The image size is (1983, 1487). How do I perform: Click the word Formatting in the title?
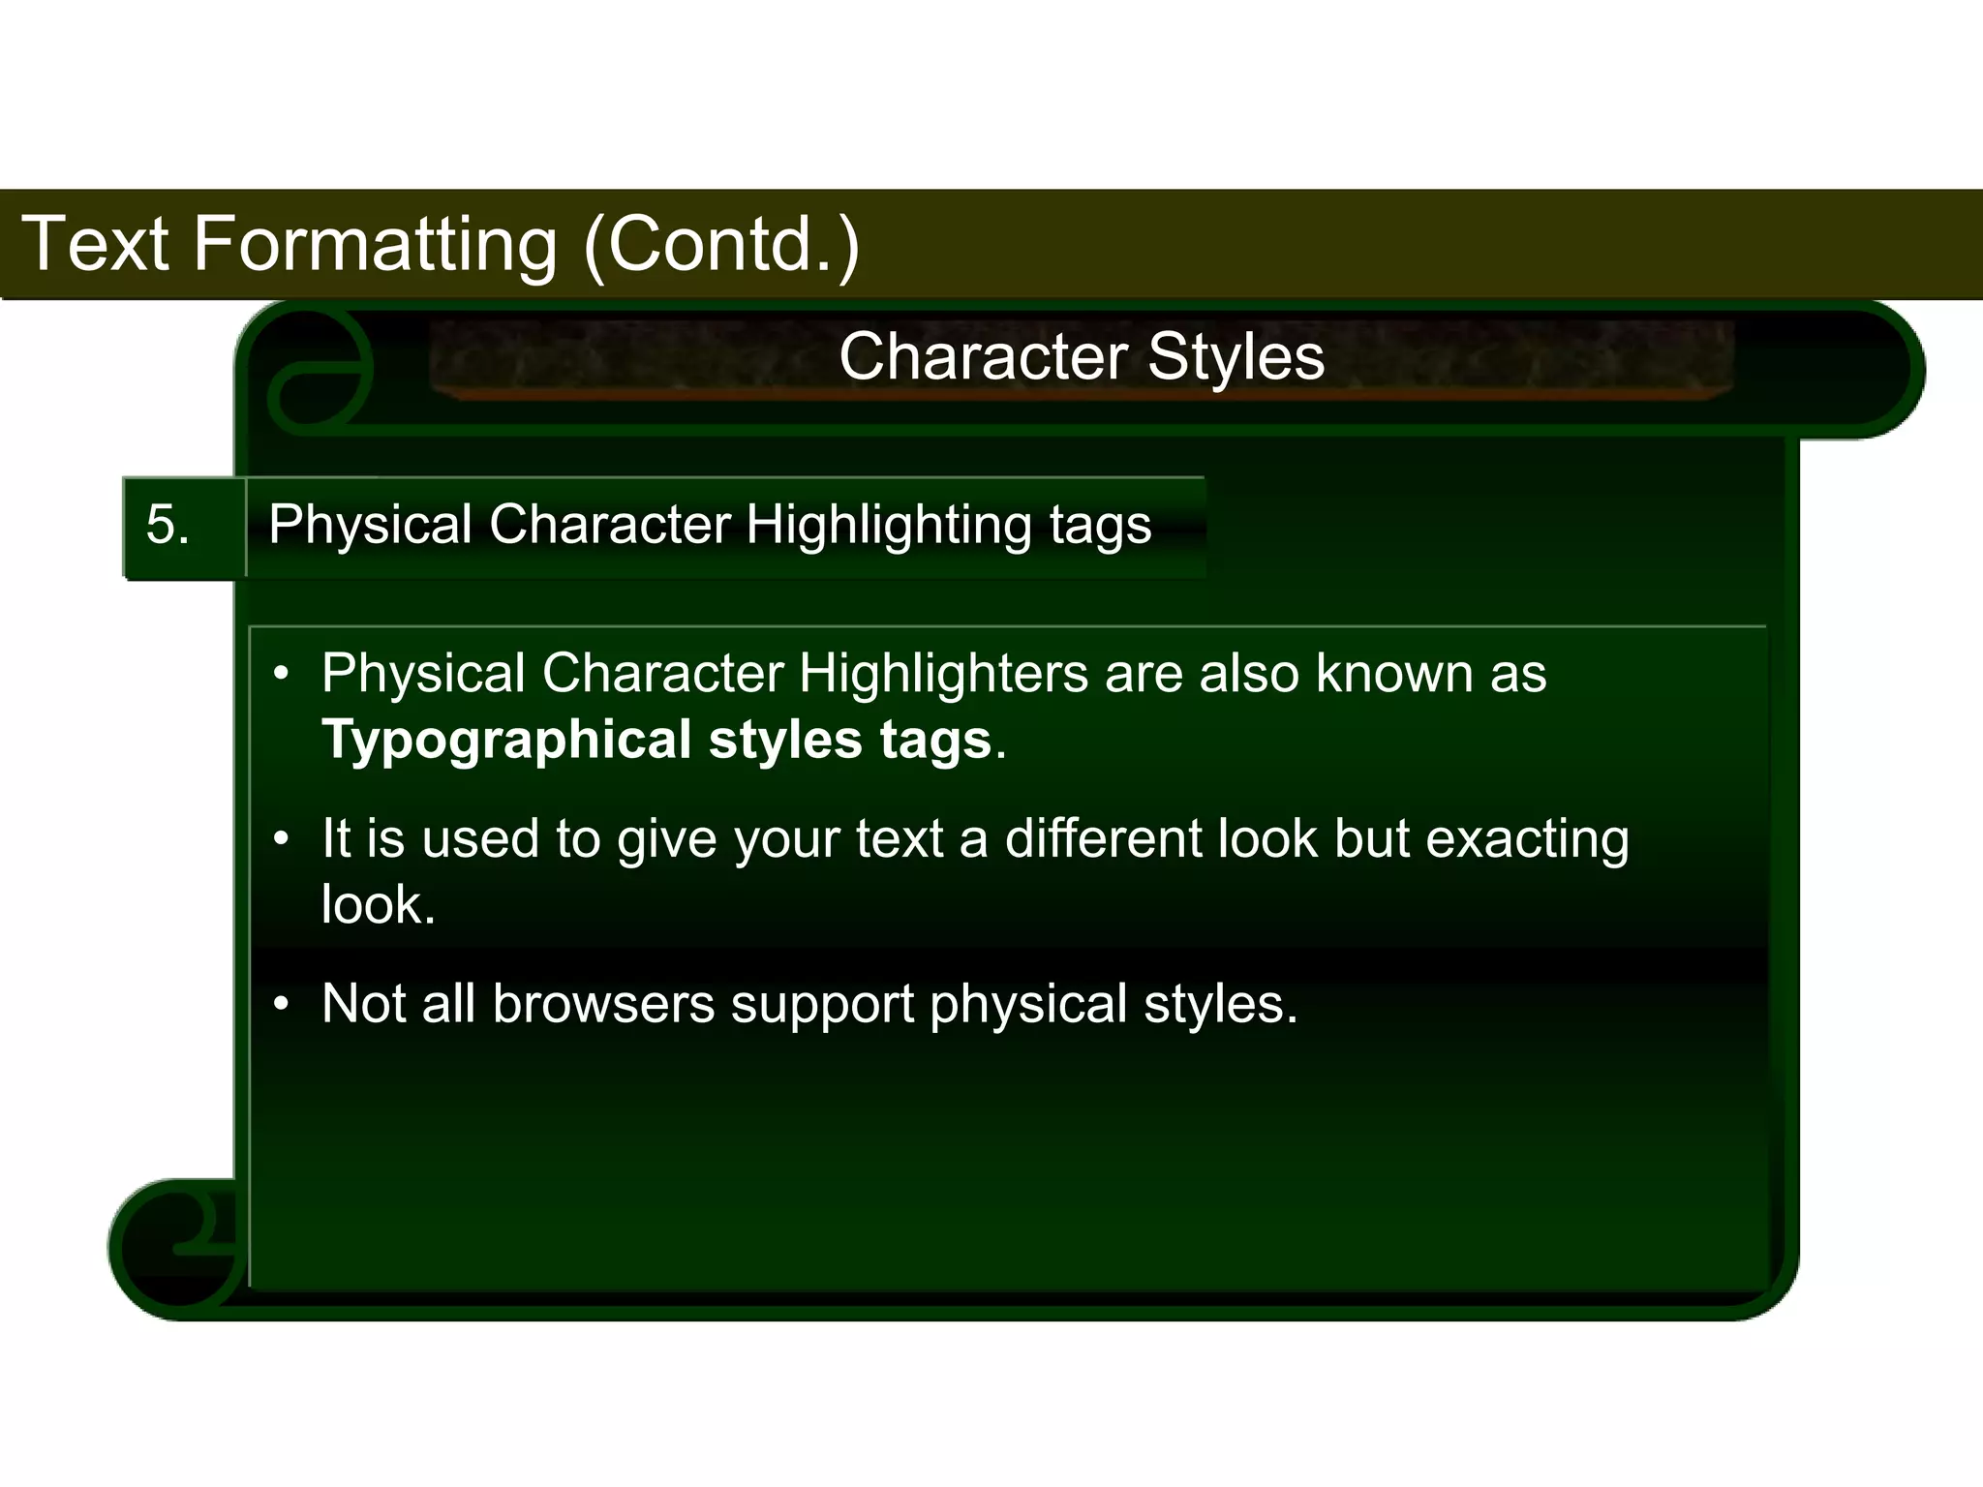pyautogui.click(x=376, y=244)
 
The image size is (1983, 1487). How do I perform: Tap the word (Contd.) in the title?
pyautogui.click(x=721, y=244)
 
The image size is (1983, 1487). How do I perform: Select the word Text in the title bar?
pyautogui.click(x=95, y=244)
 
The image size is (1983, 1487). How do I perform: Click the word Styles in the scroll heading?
pyautogui.click(x=1236, y=356)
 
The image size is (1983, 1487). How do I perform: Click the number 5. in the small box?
pyautogui.click(x=168, y=526)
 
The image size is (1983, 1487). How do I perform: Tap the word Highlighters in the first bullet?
pyautogui.click(x=943, y=673)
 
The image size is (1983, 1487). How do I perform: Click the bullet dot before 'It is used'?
pyautogui.click(x=281, y=839)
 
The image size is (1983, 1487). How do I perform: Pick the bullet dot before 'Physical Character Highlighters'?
pyautogui.click(x=281, y=674)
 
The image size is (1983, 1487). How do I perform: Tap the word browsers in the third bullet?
pyautogui.click(x=602, y=1004)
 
